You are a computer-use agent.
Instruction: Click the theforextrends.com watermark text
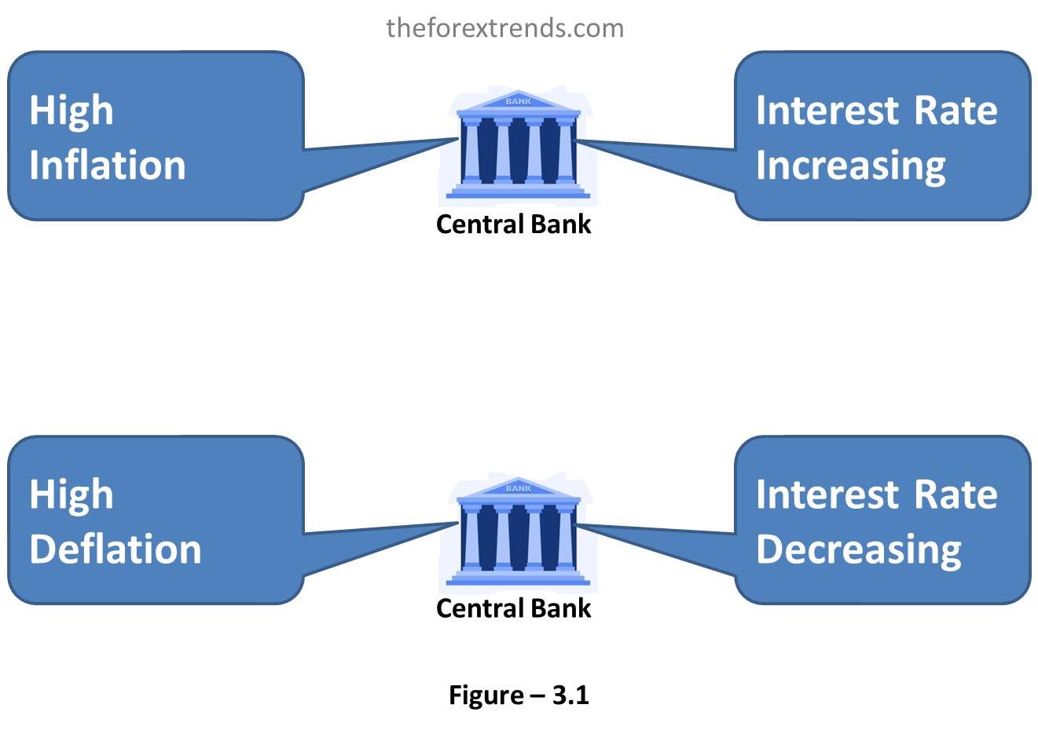(x=505, y=28)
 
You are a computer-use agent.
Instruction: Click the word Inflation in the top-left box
(x=108, y=166)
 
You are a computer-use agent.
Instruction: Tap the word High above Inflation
(x=72, y=111)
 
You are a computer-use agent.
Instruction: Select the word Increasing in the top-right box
(x=851, y=166)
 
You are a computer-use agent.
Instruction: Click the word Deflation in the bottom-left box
(x=116, y=549)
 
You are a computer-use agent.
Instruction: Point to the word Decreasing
(x=859, y=551)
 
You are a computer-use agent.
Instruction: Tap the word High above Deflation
(x=72, y=495)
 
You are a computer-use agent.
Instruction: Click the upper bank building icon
(x=518, y=144)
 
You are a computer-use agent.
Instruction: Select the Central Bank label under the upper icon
(x=513, y=224)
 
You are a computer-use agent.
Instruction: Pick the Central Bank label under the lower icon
(x=513, y=608)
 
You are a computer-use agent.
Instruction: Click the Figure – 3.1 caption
(x=519, y=695)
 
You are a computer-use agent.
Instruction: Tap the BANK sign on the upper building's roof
(x=519, y=101)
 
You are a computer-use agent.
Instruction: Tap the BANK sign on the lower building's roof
(x=519, y=488)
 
